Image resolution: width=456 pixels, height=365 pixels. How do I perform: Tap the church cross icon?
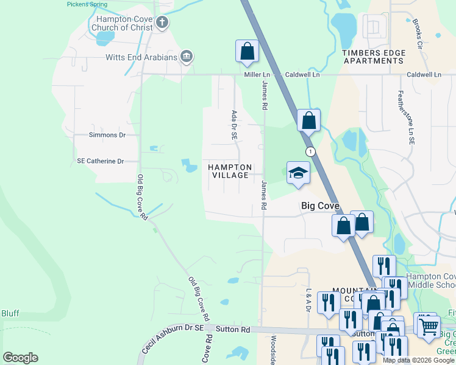(x=162, y=23)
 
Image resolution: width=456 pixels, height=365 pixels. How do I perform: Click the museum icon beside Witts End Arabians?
(x=187, y=57)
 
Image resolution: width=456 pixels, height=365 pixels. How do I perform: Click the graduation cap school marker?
(x=298, y=173)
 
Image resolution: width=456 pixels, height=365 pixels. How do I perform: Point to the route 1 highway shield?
(x=311, y=151)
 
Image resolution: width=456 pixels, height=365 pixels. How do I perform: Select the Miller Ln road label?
(x=257, y=74)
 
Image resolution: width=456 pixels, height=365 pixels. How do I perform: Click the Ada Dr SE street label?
(x=233, y=125)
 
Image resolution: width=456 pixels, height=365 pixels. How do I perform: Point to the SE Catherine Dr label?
(x=100, y=161)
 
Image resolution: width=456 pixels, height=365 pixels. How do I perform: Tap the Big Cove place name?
(x=320, y=206)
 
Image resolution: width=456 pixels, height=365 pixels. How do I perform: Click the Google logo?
(x=20, y=358)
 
